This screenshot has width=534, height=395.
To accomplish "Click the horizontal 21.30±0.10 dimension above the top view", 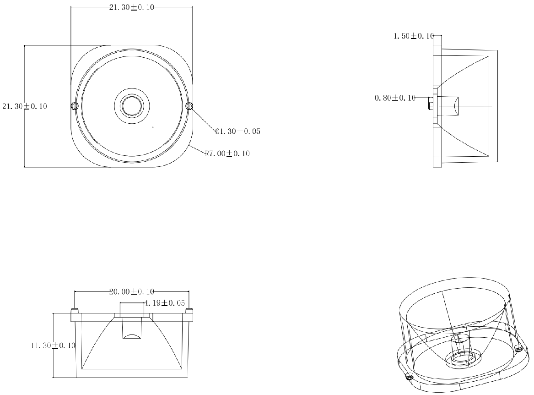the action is [x=131, y=7].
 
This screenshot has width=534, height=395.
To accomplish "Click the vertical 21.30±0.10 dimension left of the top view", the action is [x=25, y=106].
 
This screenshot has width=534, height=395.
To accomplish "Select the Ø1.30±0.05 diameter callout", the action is [x=237, y=132].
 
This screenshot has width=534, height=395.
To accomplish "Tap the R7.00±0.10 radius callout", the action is [x=227, y=154].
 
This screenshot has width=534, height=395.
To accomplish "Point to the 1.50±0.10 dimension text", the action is [x=414, y=36].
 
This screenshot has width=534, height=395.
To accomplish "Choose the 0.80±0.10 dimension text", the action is [x=395, y=98].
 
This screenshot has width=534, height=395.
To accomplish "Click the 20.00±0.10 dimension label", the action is [x=131, y=291].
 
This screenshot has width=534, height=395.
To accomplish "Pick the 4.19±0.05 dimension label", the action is [x=165, y=303].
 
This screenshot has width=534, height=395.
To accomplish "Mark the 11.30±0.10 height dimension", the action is [x=53, y=346].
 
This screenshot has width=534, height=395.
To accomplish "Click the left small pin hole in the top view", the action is [x=75, y=106].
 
